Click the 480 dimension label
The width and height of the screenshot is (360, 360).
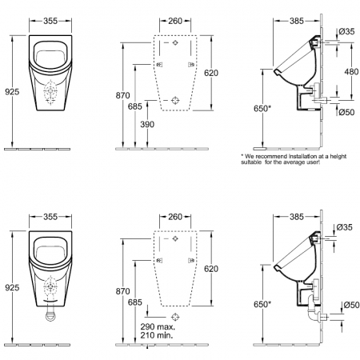click(351, 71)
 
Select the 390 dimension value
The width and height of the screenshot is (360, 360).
click(147, 124)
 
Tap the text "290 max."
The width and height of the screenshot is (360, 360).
click(158, 326)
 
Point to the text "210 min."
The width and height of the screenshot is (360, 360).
click(157, 335)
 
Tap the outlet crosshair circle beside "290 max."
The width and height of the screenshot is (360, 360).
click(175, 317)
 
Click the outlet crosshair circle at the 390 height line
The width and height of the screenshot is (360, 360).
click(175, 100)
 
